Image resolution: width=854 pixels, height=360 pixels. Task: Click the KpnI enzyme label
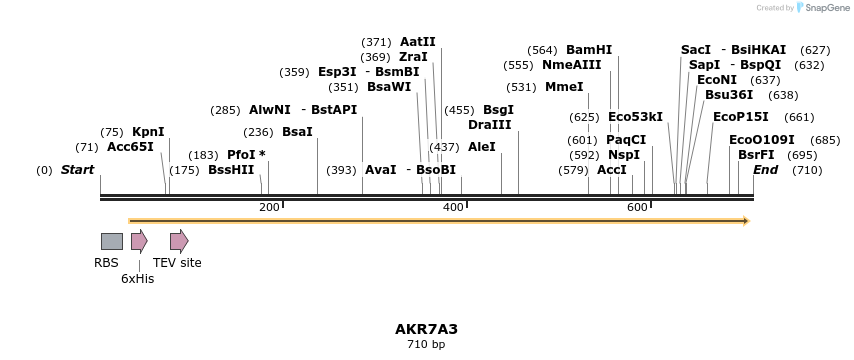(x=148, y=132)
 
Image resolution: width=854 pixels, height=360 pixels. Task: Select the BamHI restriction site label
(x=589, y=50)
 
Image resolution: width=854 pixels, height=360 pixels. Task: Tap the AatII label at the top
(x=418, y=42)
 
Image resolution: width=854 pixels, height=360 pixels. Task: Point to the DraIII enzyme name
(x=490, y=125)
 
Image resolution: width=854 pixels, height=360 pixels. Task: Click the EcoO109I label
(x=762, y=140)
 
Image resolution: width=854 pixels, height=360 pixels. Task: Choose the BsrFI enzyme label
(x=756, y=155)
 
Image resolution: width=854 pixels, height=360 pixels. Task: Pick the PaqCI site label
(x=626, y=140)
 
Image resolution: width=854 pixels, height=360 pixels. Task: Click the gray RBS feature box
(x=112, y=241)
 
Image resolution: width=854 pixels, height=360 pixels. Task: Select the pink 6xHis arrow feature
(x=139, y=241)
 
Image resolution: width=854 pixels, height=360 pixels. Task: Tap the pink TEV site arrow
(x=179, y=241)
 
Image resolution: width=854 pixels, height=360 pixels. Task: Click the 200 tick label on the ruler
(x=269, y=207)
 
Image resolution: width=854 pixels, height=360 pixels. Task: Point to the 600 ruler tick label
(x=637, y=207)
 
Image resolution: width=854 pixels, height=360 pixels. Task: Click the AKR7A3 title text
(x=426, y=329)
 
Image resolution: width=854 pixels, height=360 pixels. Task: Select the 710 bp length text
(x=426, y=345)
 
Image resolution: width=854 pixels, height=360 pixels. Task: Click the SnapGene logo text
(x=827, y=8)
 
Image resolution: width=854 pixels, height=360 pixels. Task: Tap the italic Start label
(x=77, y=170)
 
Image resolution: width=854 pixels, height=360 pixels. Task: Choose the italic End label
(x=765, y=170)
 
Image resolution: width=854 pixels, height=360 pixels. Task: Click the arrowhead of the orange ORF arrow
(x=745, y=221)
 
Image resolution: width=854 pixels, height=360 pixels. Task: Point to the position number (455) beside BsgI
(x=460, y=110)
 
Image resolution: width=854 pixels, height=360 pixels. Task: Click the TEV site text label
(x=177, y=263)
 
